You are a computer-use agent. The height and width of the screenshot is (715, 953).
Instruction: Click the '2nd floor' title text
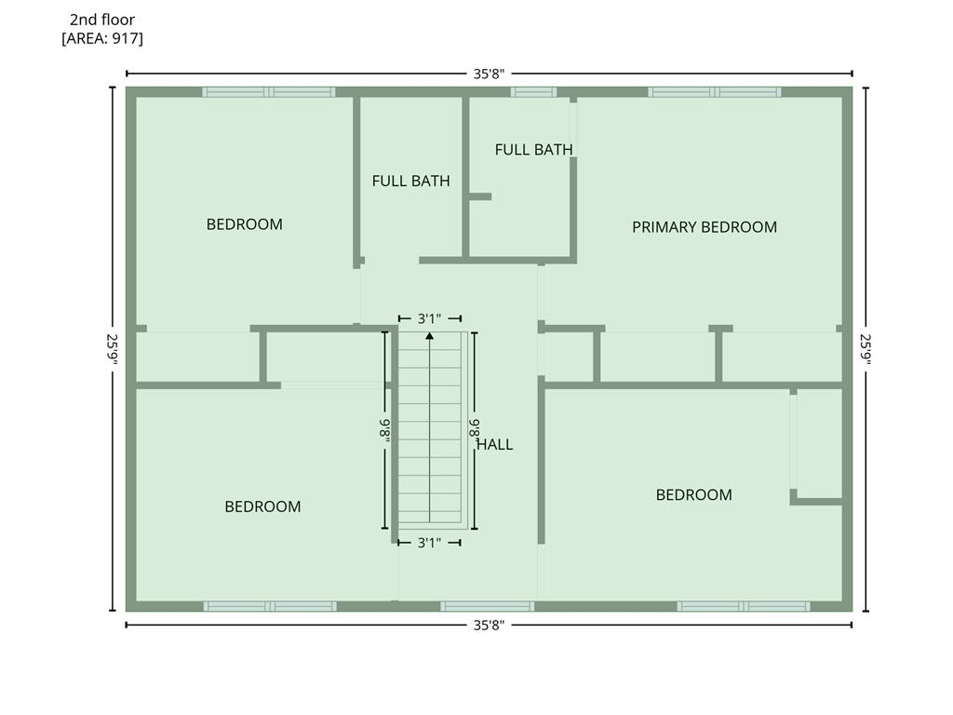point(102,20)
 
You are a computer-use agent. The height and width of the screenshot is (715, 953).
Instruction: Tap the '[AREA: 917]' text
point(102,38)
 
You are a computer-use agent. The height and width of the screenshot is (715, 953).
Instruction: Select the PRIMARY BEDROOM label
point(705,227)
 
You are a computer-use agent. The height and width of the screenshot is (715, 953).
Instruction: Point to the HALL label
point(495,444)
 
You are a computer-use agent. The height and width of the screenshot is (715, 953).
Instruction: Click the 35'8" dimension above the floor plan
point(489,74)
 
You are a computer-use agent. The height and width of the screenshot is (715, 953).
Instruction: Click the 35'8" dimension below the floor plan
point(489,625)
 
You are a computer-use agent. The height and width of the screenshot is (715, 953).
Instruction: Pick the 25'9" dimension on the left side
point(113,349)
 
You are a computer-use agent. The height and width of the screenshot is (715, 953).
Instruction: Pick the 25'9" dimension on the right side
point(866,349)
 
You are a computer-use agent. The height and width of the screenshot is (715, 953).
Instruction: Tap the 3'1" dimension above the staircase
point(430,318)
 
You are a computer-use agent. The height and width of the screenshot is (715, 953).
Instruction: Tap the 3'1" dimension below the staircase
point(430,543)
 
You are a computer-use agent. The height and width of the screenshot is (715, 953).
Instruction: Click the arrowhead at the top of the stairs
point(430,335)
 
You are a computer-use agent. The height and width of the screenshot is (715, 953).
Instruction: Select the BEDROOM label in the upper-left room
point(245,224)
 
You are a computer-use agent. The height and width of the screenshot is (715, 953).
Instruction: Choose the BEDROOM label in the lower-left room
point(262,506)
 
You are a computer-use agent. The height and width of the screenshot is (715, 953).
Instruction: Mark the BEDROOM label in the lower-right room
point(693,495)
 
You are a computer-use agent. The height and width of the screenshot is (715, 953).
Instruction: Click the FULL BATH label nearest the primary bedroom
point(533,150)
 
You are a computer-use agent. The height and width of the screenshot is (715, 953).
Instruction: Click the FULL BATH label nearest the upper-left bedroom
point(410,181)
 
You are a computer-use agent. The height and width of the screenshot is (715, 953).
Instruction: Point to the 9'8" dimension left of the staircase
point(384,430)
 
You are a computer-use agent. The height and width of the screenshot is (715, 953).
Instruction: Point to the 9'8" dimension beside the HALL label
point(475,430)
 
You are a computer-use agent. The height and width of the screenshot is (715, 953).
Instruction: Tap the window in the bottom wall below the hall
point(488,606)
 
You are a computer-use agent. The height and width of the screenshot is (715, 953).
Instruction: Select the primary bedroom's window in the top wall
point(715,92)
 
